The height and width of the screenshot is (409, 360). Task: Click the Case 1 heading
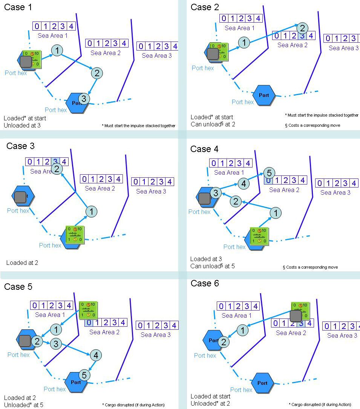pyautogui.click(x=18, y=7)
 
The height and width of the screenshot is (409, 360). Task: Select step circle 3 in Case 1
pyautogui.click(x=84, y=99)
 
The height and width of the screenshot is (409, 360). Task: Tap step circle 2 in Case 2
pyautogui.click(x=302, y=28)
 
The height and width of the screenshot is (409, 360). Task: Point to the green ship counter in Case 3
pyautogui.click(x=75, y=235)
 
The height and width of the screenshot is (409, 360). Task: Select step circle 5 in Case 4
pyautogui.click(x=268, y=173)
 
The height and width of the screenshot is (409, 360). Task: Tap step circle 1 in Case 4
pyautogui.click(x=276, y=213)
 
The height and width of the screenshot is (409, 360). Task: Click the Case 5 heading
pyautogui.click(x=18, y=287)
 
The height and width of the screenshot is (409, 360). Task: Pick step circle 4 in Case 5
pyautogui.click(x=96, y=355)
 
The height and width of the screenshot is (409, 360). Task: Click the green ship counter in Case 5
pyautogui.click(x=88, y=310)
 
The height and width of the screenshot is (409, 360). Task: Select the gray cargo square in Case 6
pyautogui.click(x=296, y=316)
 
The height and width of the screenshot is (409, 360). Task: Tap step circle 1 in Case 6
pyautogui.click(x=243, y=330)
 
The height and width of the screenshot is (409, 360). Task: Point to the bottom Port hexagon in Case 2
pyautogui.click(x=264, y=95)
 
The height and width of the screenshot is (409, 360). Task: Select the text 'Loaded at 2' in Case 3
pyautogui.click(x=22, y=263)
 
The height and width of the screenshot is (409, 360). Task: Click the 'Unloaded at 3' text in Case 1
pyautogui.click(x=22, y=125)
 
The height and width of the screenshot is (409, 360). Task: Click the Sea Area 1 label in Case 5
pyautogui.click(x=50, y=315)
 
